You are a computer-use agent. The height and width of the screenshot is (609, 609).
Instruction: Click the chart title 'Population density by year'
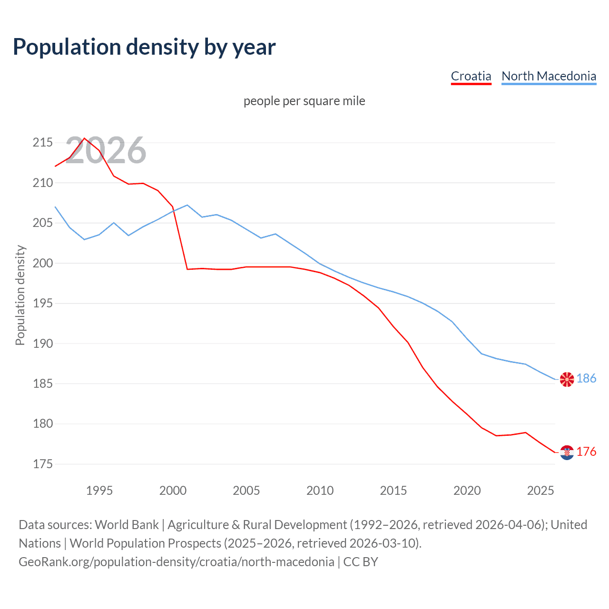pyautogui.click(x=144, y=47)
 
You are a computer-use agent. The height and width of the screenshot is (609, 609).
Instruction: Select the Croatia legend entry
pyautogui.click(x=471, y=76)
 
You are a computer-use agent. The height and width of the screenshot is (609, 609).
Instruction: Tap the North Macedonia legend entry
pyautogui.click(x=549, y=76)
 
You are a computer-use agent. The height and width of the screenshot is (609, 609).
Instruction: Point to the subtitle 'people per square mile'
pyautogui.click(x=304, y=101)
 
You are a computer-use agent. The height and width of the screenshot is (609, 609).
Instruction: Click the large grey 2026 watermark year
pyautogui.click(x=106, y=150)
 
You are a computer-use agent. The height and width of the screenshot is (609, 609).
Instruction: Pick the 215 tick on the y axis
pyautogui.click(x=43, y=143)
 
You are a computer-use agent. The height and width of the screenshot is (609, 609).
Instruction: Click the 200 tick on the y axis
pyautogui.click(x=43, y=263)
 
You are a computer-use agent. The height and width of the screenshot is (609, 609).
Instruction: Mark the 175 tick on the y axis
pyautogui.click(x=43, y=464)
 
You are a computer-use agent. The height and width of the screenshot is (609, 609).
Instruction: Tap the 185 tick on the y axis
pyautogui.click(x=43, y=383)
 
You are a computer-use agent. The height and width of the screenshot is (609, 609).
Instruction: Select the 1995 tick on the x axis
pyautogui.click(x=99, y=491)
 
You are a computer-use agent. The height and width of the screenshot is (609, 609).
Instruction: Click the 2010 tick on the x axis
pyautogui.click(x=320, y=491)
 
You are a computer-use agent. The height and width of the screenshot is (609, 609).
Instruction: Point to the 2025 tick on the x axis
pyautogui.click(x=540, y=491)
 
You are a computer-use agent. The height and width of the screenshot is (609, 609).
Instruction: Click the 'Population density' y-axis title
pyautogui.click(x=20, y=295)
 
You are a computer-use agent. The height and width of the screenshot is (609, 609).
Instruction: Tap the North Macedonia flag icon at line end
pyautogui.click(x=567, y=379)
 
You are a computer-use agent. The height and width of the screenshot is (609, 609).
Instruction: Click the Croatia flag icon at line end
pyautogui.click(x=567, y=452)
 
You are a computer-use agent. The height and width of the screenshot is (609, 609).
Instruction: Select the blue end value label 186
pyautogui.click(x=586, y=378)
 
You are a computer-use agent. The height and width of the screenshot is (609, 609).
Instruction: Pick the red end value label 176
pyautogui.click(x=586, y=452)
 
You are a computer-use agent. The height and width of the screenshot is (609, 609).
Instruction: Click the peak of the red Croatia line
pyautogui.click(x=85, y=138)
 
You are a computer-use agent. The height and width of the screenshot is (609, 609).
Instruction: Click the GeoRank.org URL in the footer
pyautogui.click(x=176, y=562)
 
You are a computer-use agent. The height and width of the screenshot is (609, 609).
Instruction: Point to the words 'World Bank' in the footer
pyautogui.click(x=127, y=525)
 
